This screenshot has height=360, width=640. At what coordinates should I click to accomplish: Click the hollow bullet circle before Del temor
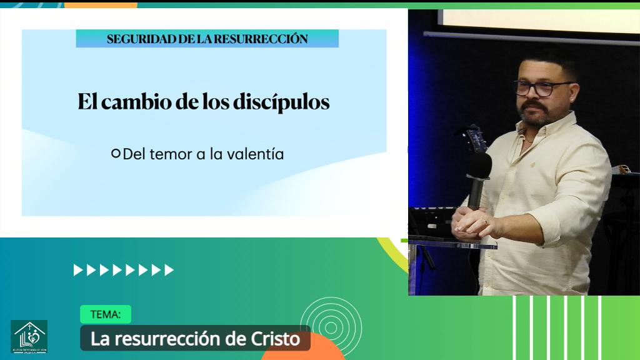116,153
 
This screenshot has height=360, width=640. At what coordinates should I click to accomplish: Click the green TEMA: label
105,314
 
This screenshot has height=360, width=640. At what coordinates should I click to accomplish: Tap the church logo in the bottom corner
29,336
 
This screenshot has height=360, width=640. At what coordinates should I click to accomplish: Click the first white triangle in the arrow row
77,270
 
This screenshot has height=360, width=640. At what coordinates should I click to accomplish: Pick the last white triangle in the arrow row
169,270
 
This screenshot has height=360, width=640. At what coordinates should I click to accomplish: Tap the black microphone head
479,165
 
